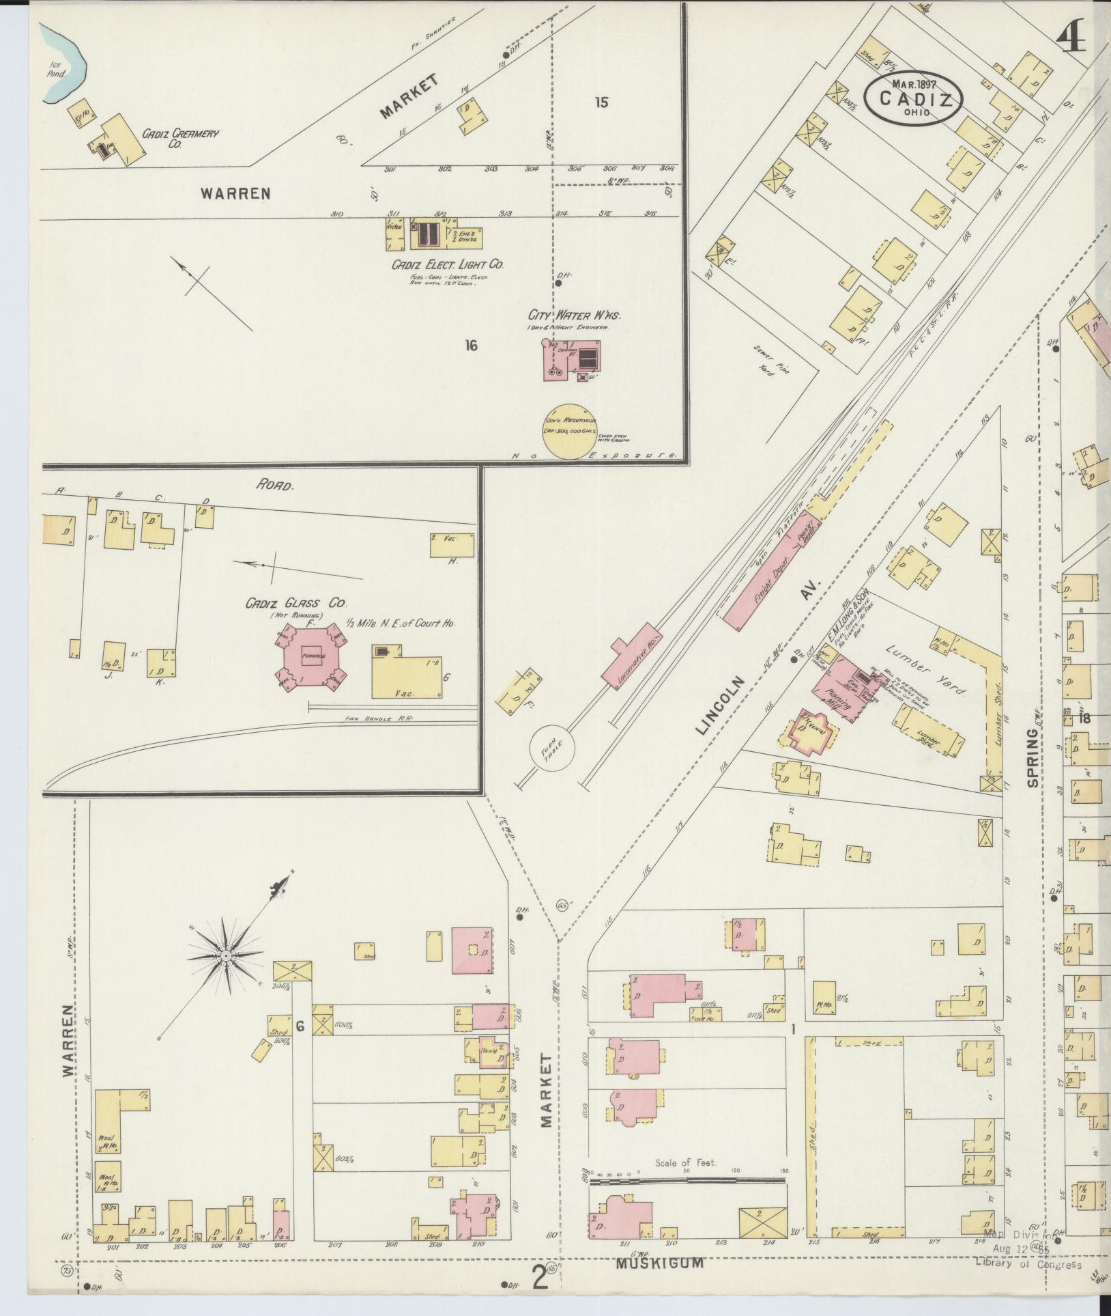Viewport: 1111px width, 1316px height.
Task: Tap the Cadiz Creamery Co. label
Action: coord(180,139)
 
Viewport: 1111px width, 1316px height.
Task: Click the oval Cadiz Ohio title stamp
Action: coord(913,98)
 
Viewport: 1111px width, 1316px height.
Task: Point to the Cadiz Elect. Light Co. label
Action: coord(448,264)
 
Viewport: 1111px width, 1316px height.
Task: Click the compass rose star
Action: coord(226,953)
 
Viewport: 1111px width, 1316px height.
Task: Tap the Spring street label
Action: coord(1033,757)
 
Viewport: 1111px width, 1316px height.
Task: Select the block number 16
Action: coord(470,346)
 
